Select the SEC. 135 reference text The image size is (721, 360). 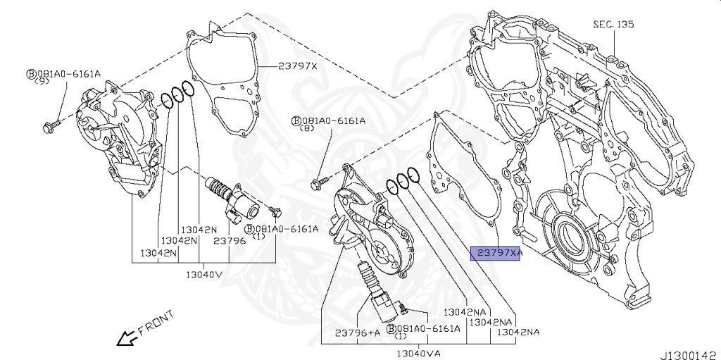click(613, 24)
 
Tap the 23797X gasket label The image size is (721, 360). click(297, 66)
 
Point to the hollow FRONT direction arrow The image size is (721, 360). click(127, 338)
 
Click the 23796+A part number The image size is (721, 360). click(357, 330)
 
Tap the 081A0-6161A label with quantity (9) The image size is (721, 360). click(69, 73)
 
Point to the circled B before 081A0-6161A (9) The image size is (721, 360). click(31, 73)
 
